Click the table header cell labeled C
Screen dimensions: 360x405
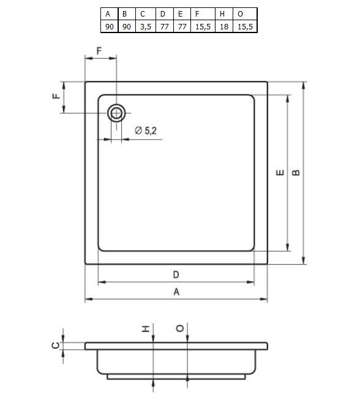[x=146, y=13]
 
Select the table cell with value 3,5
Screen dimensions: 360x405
[x=146, y=26]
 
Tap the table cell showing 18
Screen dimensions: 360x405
[x=224, y=26]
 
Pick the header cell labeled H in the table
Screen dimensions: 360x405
[x=224, y=13]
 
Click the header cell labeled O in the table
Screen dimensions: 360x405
[x=245, y=13]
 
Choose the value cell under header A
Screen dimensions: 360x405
[x=110, y=26]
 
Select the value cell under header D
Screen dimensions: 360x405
[x=164, y=26]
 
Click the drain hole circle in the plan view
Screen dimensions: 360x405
[x=116, y=113]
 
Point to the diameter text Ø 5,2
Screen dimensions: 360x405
[x=146, y=131]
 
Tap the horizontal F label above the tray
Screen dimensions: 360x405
[x=99, y=51]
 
